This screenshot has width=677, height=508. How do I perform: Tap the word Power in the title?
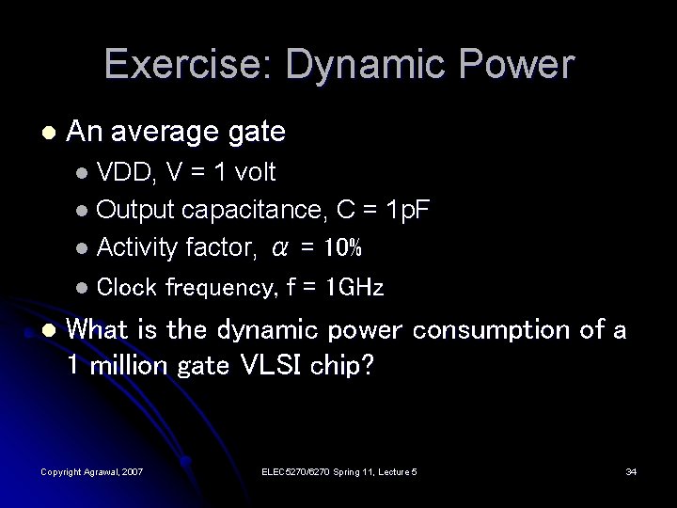click(522, 65)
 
